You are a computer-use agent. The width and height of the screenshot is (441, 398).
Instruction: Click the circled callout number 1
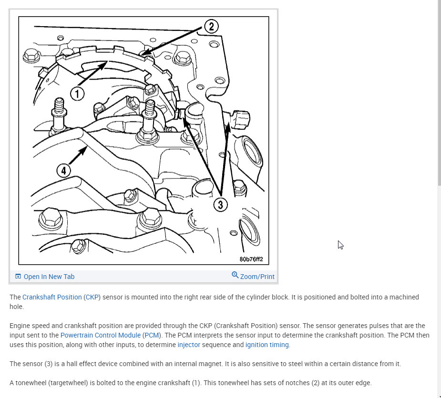77,93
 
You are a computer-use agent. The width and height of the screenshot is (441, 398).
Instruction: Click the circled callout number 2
212,26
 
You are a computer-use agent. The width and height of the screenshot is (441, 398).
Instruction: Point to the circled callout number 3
220,205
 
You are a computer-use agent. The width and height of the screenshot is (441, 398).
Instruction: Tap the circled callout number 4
64,170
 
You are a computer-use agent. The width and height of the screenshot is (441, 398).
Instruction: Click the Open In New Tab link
49,277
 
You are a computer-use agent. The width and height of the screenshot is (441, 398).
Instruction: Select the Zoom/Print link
257,277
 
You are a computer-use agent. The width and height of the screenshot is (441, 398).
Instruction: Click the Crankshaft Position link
52,297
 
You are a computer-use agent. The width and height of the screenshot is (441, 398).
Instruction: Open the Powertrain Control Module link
101,335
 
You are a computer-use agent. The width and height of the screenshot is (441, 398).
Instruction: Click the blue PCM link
152,335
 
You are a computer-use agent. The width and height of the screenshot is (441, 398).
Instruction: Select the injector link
189,345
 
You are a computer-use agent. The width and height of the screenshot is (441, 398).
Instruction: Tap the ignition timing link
267,345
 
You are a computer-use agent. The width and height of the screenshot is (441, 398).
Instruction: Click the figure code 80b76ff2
251,259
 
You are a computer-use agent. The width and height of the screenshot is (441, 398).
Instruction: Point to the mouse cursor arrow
340,245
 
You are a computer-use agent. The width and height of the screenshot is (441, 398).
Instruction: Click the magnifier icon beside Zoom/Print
235,275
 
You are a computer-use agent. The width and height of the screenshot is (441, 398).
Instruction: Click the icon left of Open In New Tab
18,277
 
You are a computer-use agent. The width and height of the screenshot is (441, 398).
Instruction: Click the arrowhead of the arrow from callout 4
83,151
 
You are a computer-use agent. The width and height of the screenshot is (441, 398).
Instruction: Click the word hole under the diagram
16,307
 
